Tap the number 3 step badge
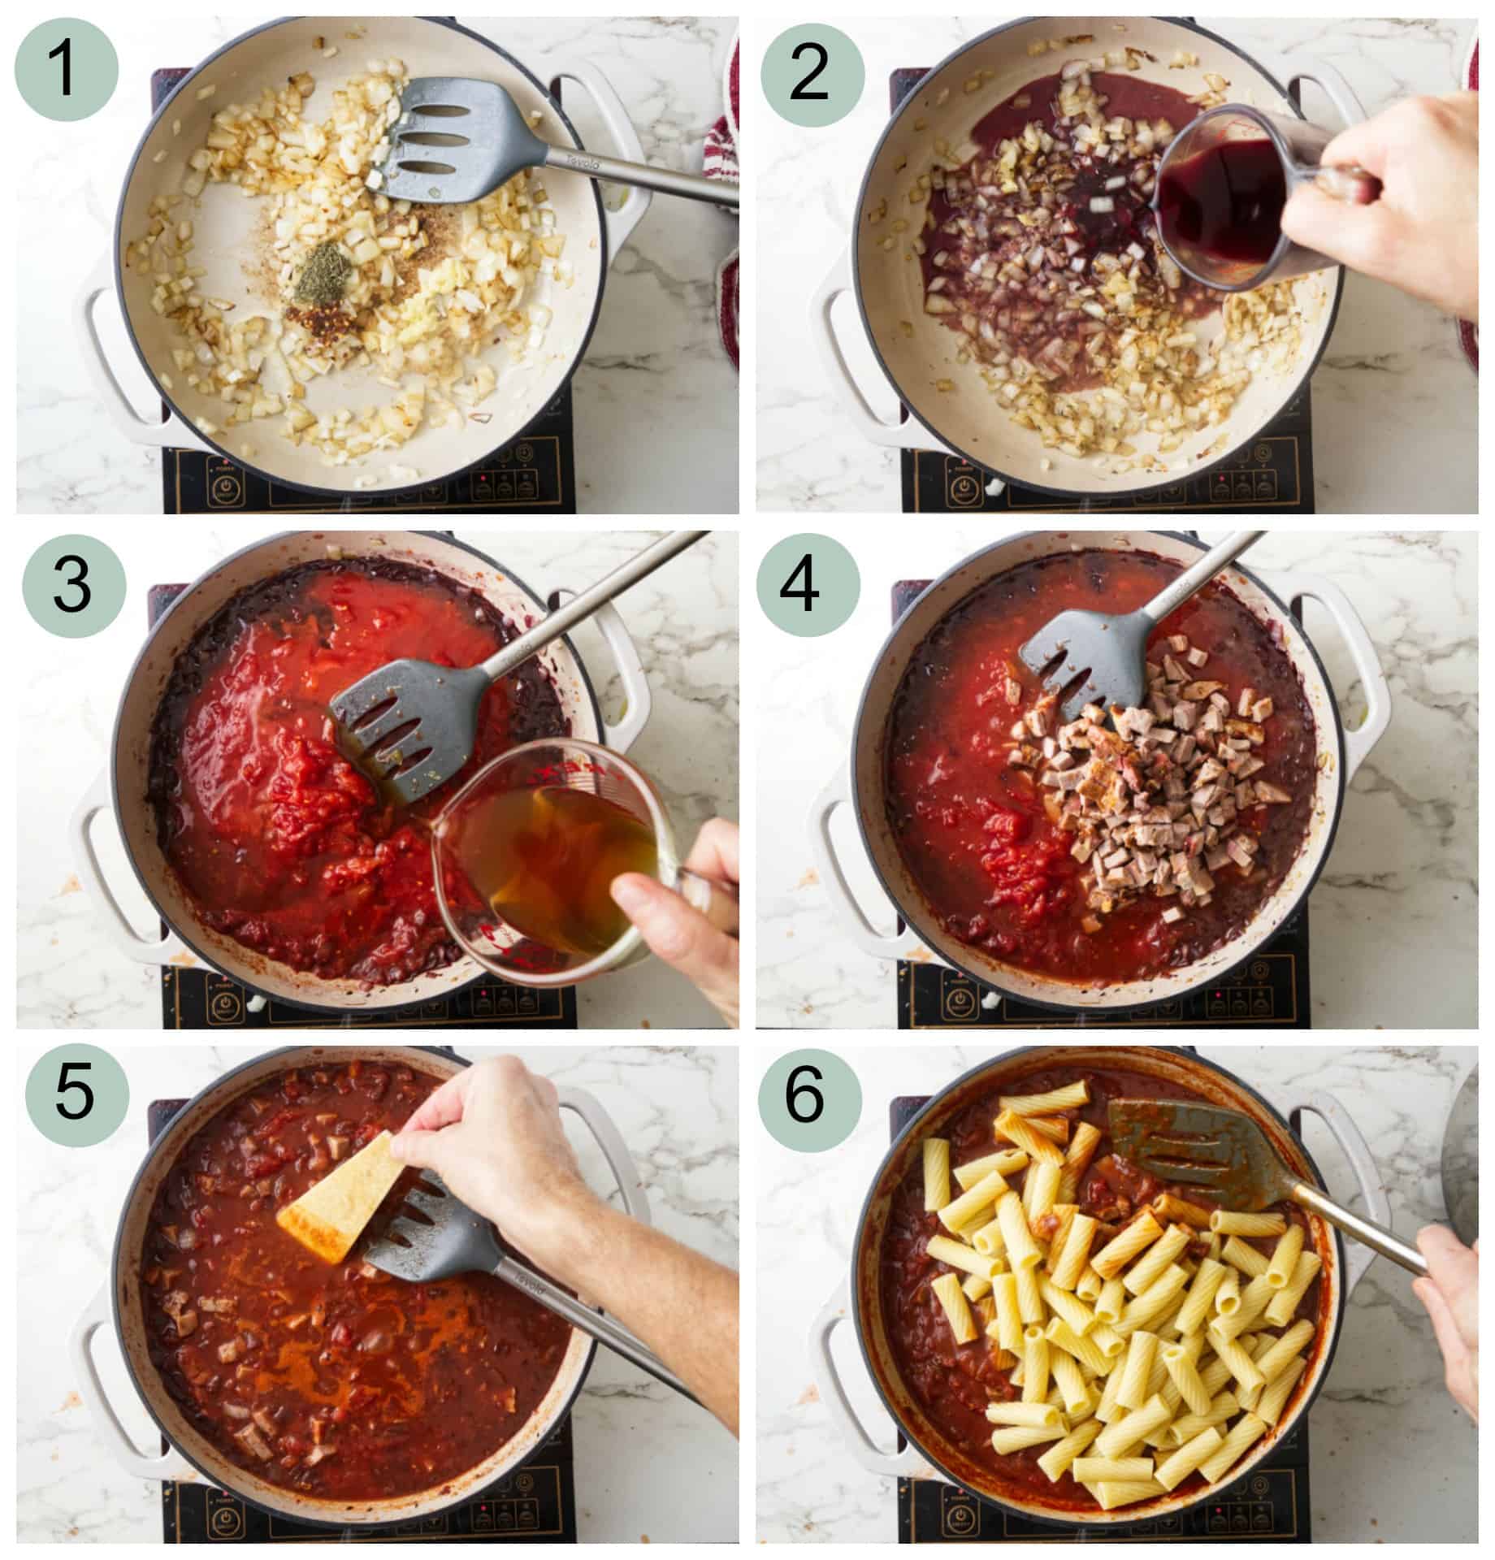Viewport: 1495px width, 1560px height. tap(73, 587)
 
